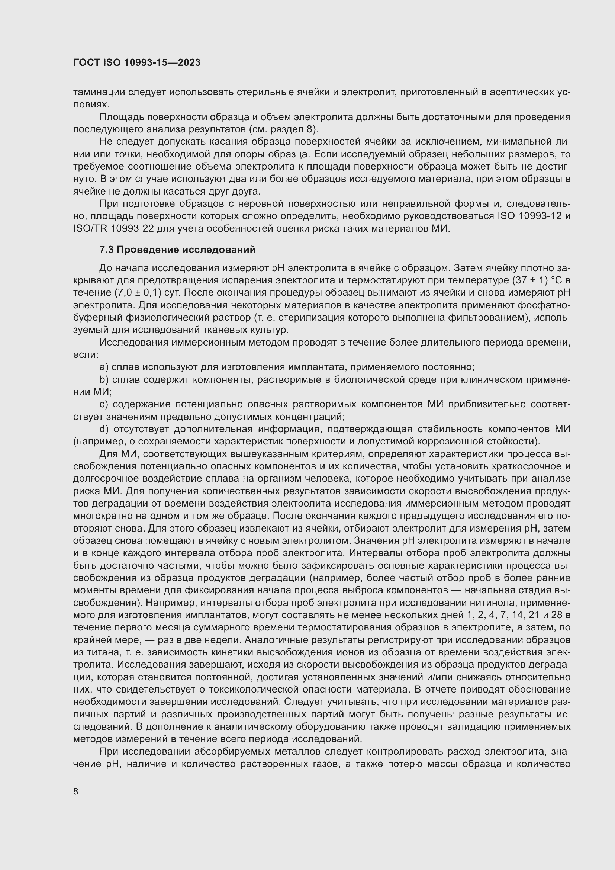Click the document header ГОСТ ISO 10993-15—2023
137,63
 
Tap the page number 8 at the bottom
76,791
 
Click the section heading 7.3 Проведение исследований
177,250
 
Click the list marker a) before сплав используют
104,367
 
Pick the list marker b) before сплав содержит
104,380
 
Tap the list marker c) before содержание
104,404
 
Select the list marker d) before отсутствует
104,429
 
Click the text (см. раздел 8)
284,129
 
